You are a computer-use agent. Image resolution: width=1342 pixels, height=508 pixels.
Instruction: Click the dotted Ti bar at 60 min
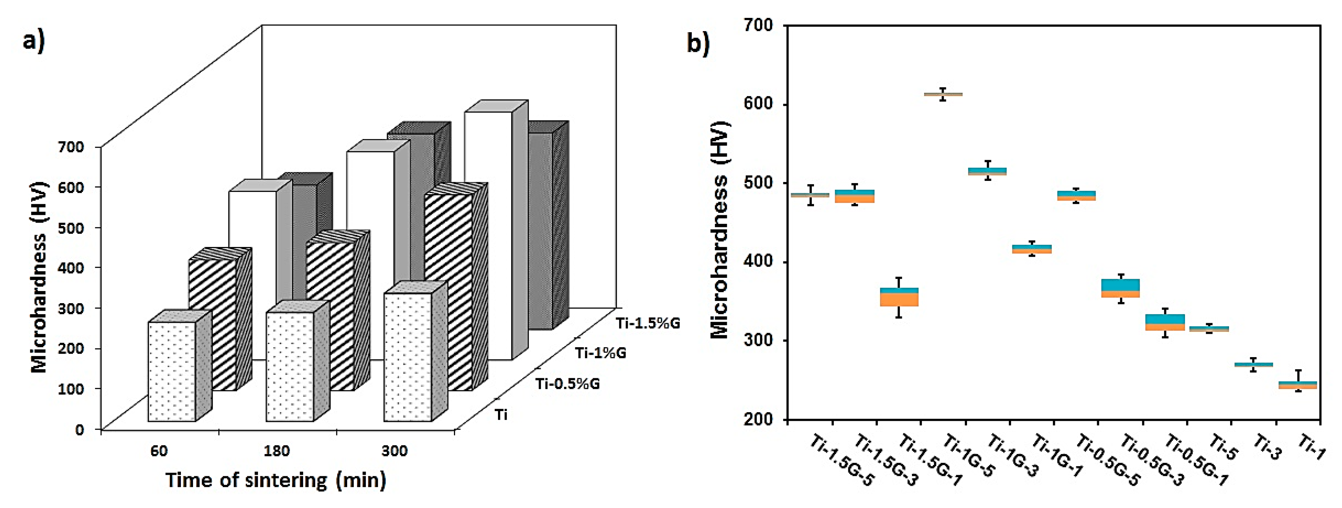(x=172, y=371)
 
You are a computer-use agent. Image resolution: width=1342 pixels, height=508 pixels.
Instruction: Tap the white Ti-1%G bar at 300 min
(x=488, y=235)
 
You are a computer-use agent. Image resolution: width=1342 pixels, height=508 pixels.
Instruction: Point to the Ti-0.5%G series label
(x=567, y=384)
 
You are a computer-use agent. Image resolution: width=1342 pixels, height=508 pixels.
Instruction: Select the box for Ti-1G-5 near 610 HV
(x=943, y=94)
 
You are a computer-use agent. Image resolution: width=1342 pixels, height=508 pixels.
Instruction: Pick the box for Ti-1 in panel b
(x=1298, y=385)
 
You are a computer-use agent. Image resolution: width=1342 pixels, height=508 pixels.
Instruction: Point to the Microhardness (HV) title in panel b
(x=720, y=229)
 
